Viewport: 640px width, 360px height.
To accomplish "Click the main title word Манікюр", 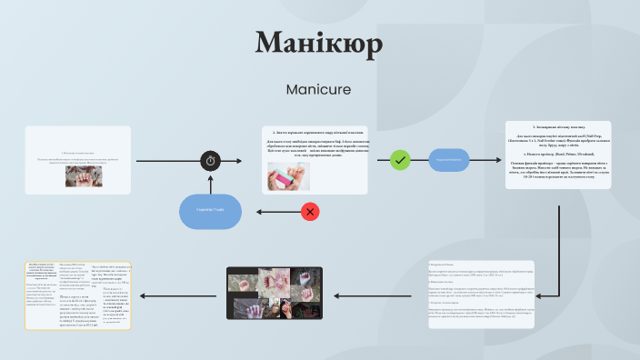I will point(319,44).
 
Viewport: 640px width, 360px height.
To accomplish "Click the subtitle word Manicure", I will point(318,90).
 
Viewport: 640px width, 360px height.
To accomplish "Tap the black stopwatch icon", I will point(211,161).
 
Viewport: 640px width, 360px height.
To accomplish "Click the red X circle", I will point(309,212).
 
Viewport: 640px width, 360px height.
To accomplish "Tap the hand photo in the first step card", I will point(83,175).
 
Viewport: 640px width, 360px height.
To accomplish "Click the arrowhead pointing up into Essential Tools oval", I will point(211,180).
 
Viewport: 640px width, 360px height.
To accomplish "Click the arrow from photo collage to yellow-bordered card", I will point(180,296).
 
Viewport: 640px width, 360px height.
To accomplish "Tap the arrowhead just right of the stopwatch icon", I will point(240,161).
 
